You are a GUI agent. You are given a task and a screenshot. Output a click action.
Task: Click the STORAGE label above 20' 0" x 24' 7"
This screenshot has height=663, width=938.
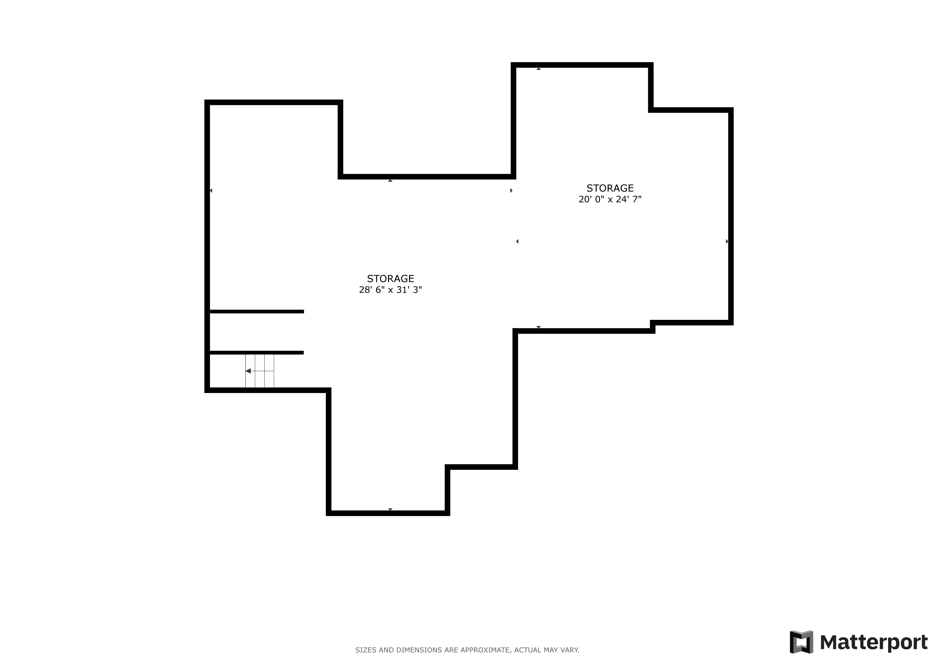(610, 188)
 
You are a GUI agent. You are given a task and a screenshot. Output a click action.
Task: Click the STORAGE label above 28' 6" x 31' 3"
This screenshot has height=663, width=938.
(390, 279)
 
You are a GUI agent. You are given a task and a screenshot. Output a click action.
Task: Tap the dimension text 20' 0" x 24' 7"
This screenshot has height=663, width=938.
(610, 199)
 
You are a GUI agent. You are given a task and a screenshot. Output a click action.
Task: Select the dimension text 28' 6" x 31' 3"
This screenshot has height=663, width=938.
(390, 290)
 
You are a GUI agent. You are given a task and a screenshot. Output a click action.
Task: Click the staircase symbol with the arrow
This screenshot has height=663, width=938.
(259, 371)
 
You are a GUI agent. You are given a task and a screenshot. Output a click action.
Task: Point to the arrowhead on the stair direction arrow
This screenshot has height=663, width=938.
(248, 371)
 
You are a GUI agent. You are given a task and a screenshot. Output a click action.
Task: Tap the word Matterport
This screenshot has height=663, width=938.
(874, 643)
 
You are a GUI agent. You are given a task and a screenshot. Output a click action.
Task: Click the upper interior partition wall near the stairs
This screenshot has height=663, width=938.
(257, 311)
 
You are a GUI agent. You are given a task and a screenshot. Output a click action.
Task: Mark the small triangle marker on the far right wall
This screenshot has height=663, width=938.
(727, 241)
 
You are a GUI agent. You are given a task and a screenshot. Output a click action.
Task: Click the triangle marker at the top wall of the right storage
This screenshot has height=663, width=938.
(538, 69)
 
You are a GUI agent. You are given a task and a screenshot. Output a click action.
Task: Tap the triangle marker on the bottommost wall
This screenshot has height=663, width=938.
(390, 510)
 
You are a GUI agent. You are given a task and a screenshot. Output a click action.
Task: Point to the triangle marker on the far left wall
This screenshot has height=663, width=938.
(211, 190)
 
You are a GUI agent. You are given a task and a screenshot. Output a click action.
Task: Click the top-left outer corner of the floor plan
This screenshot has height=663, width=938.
(205, 100)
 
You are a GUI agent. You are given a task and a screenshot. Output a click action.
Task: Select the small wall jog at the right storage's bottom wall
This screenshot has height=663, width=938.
(652, 327)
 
